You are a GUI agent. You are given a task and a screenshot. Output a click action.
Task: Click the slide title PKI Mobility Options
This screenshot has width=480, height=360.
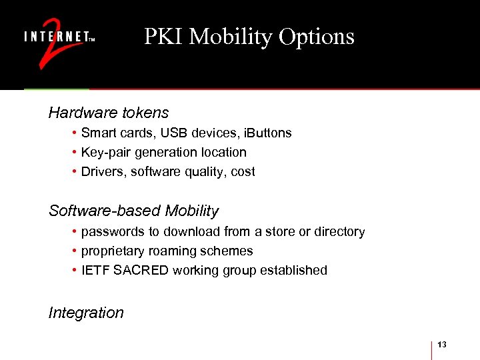[x=249, y=37]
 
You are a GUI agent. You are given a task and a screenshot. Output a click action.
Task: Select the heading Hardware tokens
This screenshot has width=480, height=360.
[x=109, y=113]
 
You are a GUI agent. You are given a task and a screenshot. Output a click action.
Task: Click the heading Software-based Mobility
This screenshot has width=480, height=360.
[x=133, y=211]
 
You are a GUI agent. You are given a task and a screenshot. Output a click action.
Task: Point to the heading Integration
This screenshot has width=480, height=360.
[x=86, y=313]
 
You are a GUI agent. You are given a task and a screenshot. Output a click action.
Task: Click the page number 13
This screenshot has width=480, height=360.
[x=442, y=344]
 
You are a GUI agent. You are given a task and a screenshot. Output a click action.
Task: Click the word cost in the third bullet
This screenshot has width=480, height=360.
[x=243, y=172]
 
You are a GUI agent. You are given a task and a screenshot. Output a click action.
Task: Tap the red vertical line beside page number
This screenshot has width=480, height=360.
[x=432, y=349]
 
